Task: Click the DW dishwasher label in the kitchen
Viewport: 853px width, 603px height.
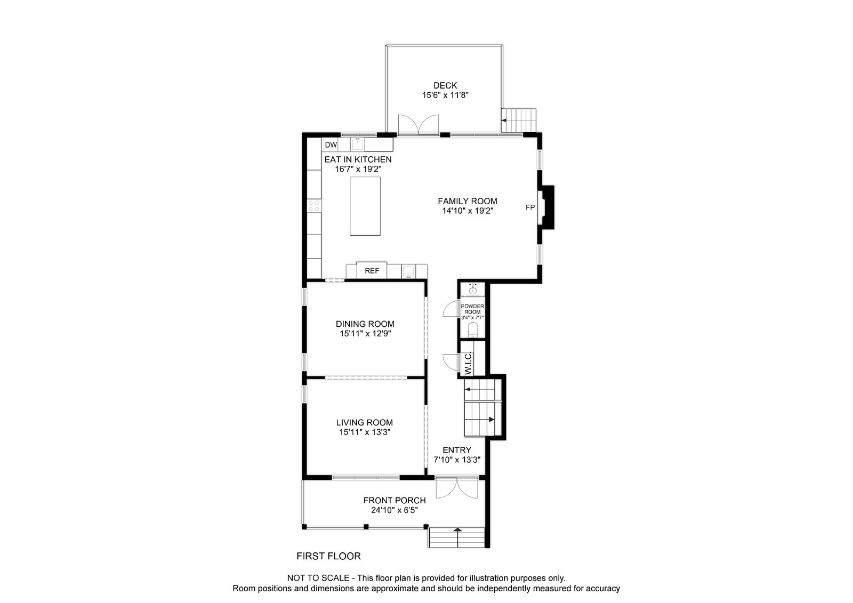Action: [331, 144]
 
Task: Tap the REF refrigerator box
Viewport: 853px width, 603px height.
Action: [372, 271]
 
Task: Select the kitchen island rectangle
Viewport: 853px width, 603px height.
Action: [365, 206]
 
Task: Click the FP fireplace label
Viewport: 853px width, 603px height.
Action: [530, 207]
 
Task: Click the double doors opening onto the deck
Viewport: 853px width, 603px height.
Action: [419, 125]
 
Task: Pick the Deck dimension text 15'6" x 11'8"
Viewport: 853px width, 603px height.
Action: [445, 95]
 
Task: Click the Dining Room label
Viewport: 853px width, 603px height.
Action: [365, 324]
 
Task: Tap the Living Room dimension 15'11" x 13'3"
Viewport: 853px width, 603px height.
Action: [365, 432]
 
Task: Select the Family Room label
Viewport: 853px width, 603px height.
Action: [468, 201]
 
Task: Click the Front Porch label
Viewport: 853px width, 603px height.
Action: [395, 500]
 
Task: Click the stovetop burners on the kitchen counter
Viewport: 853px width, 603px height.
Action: [314, 205]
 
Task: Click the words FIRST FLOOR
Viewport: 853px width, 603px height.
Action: [328, 556]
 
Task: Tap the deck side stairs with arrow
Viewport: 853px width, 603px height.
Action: [518, 120]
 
